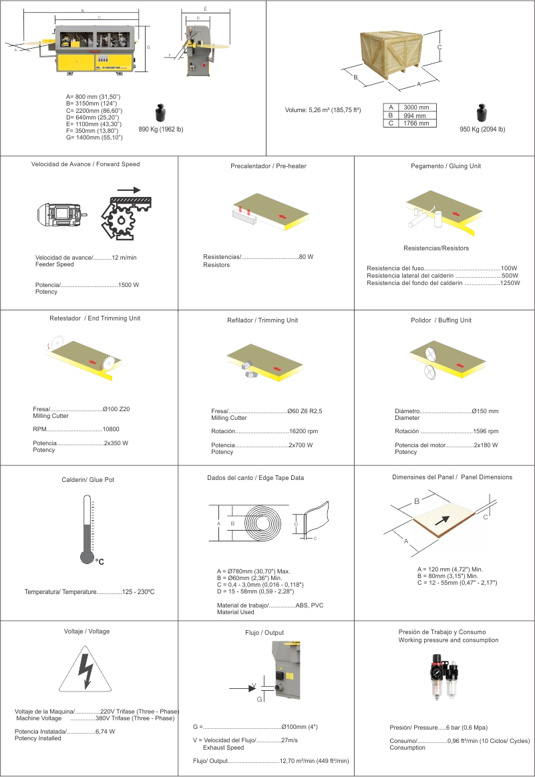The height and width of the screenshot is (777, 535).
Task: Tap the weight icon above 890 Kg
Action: [160, 112]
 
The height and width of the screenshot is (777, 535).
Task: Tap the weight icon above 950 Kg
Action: [482, 112]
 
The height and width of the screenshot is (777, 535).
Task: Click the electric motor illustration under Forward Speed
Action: [60, 214]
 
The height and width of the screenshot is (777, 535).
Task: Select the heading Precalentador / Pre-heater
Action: [268, 166]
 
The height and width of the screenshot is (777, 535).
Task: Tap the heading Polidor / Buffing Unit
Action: [441, 320]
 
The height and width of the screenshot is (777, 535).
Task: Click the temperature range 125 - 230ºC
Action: [138, 592]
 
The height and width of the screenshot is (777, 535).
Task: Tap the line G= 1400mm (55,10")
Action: [94, 138]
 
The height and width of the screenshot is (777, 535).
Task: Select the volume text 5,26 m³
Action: [322, 109]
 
